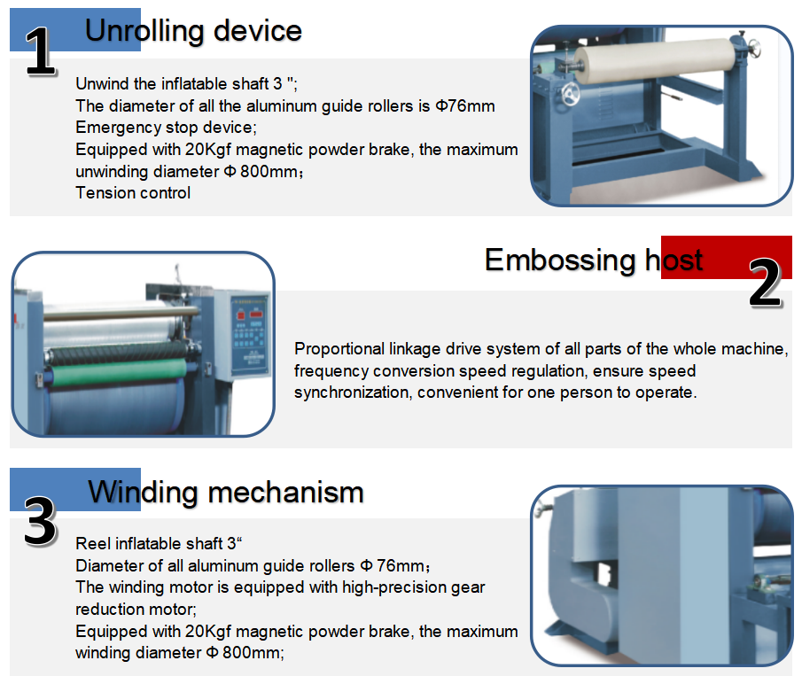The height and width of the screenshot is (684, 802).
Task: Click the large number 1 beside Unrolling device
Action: coord(39,52)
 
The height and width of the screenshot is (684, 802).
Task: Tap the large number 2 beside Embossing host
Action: coord(765,284)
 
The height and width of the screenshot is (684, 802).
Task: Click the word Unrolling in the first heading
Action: coord(144,31)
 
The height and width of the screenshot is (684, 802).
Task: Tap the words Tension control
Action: coord(133,192)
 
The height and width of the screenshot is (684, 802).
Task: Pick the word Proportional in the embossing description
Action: coord(338,349)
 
